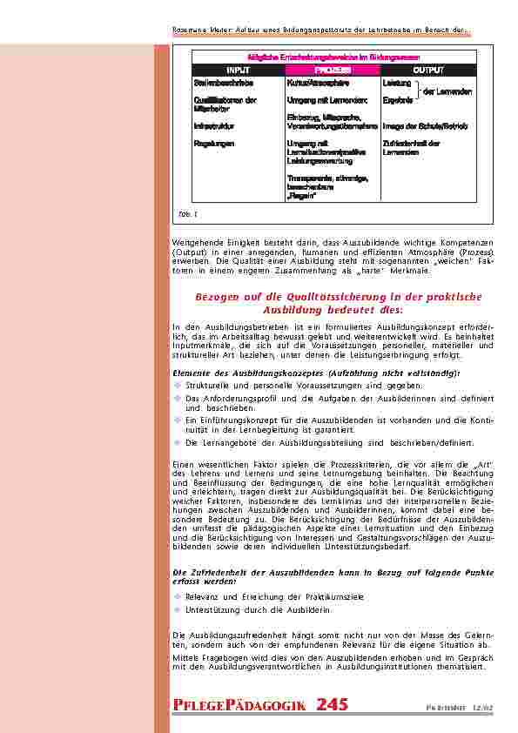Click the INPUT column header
pyautogui.click(x=238, y=69)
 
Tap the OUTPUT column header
pyautogui.click(x=428, y=69)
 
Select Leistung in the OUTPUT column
pyautogui.click(x=396, y=83)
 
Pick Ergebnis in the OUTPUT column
pyautogui.click(x=397, y=100)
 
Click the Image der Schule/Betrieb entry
pyautogui.click(x=425, y=126)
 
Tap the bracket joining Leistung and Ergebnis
pyautogui.click(x=417, y=91)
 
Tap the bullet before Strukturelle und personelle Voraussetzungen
pyautogui.click(x=177, y=384)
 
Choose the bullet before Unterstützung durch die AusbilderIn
pyautogui.click(x=177, y=610)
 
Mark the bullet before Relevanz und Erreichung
pyautogui.click(x=177, y=597)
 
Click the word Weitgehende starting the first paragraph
pyautogui.click(x=194, y=241)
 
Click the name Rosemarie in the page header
pyautogui.click(x=185, y=31)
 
